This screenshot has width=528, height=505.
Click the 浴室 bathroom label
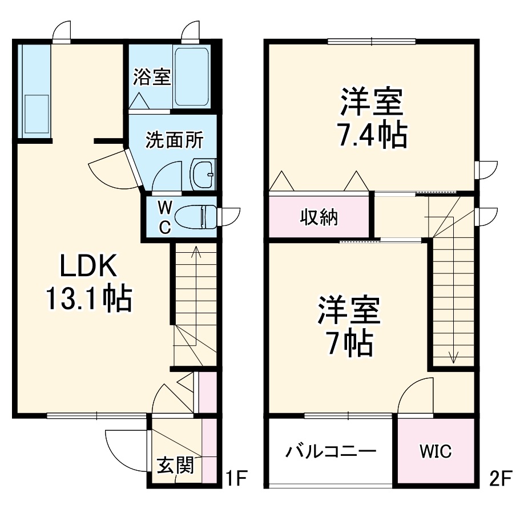pos(152,77)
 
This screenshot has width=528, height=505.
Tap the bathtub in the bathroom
pos(192,77)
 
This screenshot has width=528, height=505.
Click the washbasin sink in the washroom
pos(203,173)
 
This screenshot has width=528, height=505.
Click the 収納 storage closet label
pos(319,217)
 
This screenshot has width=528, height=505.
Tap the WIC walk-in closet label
pos(436,451)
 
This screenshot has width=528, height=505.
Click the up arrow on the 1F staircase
pos(196,251)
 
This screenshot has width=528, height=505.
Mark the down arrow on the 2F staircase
pos(453,357)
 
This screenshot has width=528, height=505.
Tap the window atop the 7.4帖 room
pos(372,41)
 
